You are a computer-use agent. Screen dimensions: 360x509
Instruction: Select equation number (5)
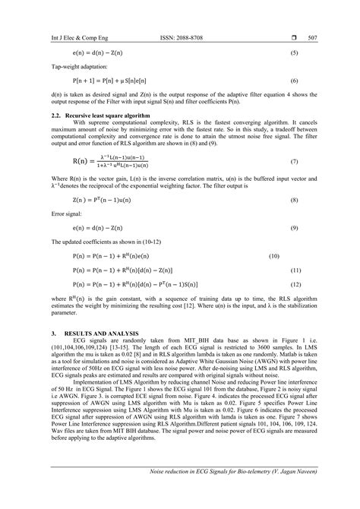[x=295, y=55]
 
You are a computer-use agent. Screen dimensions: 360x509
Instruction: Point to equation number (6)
[x=295, y=80]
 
